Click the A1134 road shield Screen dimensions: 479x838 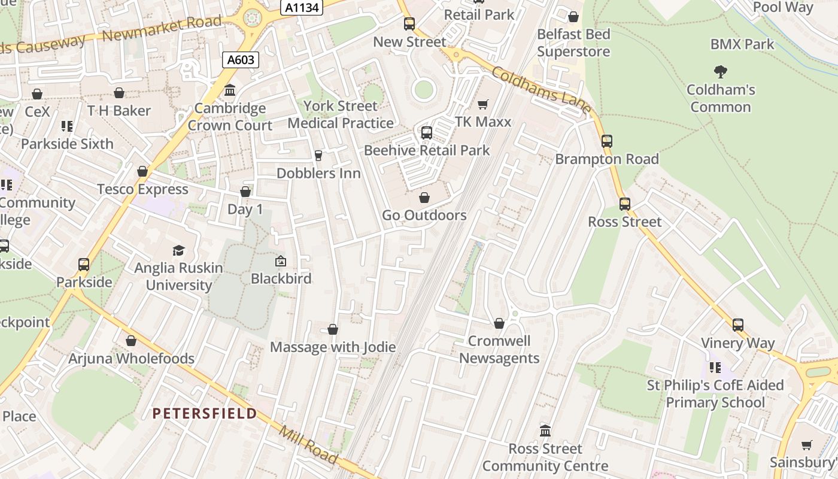(x=302, y=7)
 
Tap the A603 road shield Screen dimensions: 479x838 (x=241, y=59)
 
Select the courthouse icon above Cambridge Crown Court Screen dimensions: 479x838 (x=230, y=90)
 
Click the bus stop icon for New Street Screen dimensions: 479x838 (x=409, y=24)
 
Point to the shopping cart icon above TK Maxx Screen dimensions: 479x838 (x=483, y=105)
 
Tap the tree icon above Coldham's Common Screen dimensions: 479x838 (x=721, y=72)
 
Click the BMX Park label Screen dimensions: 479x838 (x=742, y=44)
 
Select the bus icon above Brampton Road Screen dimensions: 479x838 (x=607, y=141)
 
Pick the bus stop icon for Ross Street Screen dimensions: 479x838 (x=625, y=204)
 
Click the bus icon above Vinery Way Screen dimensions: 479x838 (x=738, y=325)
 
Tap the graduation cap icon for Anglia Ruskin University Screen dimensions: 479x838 (x=179, y=250)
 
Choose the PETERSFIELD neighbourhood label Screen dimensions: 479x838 (x=205, y=413)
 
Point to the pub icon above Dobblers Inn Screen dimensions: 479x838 (x=318, y=156)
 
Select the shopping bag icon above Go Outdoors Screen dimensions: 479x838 (x=424, y=198)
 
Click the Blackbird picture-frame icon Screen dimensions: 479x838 (x=281, y=261)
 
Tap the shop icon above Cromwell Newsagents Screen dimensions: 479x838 (x=499, y=324)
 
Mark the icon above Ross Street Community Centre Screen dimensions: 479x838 (x=545, y=431)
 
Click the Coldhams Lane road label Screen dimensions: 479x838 (x=542, y=90)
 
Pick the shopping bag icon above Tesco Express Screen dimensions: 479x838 (x=142, y=172)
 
